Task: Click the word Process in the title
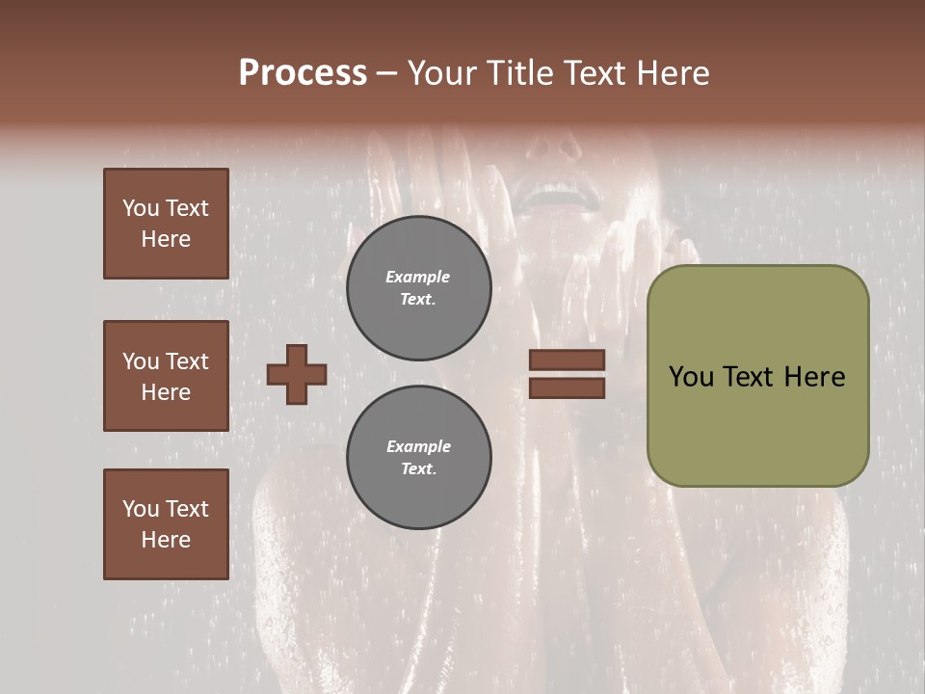click(303, 73)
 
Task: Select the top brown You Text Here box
click(166, 224)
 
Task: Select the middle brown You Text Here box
click(166, 376)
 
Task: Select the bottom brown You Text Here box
click(166, 523)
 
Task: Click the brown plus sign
click(297, 374)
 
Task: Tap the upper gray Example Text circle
click(418, 288)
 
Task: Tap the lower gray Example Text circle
click(418, 458)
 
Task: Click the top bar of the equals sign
click(567, 360)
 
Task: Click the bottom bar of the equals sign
click(567, 388)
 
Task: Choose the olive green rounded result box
click(757, 376)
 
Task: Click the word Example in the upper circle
click(418, 278)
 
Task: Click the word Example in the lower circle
click(418, 447)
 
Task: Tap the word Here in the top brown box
click(166, 240)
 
